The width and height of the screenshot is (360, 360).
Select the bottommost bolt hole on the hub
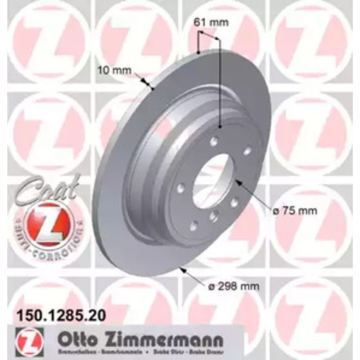click(194, 225)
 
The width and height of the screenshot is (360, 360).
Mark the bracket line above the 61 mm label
click(209, 34)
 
